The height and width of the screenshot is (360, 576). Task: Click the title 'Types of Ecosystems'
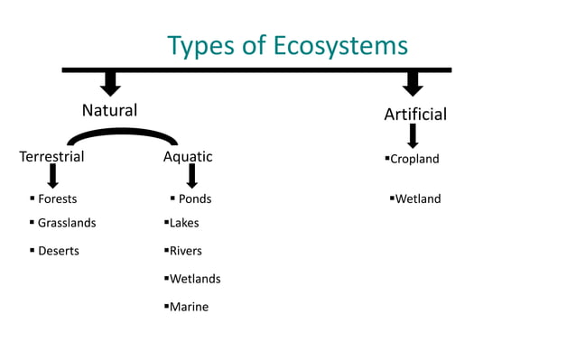[288, 45]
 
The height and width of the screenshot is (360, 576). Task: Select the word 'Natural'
[109, 111]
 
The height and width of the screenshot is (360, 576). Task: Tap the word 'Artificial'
[414, 115]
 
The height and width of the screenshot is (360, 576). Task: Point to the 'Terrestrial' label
[51, 157]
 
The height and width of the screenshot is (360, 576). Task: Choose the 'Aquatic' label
[188, 157]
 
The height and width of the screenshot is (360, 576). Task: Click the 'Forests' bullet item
[57, 198]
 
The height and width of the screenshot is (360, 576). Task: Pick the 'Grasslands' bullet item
[66, 223]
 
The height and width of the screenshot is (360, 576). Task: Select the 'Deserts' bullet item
[58, 251]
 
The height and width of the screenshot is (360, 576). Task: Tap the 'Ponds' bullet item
[194, 198]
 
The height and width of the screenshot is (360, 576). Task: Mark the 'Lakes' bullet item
[184, 223]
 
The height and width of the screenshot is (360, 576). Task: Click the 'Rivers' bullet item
[185, 251]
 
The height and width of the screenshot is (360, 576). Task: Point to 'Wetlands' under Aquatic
[195, 279]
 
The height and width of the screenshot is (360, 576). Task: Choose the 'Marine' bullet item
[189, 307]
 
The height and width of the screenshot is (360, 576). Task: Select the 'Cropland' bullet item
[414, 160]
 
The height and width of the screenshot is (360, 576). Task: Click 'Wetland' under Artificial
[418, 198]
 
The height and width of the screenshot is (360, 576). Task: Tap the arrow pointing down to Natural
[110, 83]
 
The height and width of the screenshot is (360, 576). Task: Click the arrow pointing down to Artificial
[413, 83]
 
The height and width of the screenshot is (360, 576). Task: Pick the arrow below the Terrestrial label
[53, 175]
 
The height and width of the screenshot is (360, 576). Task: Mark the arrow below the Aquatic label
[191, 175]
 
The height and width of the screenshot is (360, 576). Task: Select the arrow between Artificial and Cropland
[413, 136]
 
